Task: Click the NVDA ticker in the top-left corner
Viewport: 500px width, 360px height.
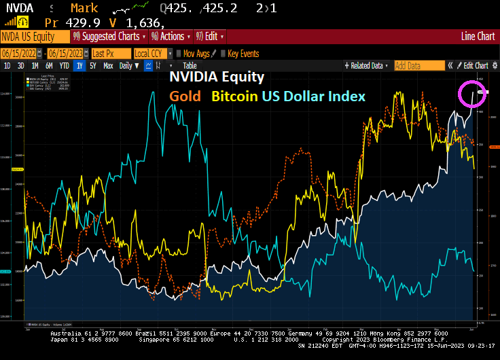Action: click(x=15, y=9)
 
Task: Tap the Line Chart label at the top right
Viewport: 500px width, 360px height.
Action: click(x=478, y=37)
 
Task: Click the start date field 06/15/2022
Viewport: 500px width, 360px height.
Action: click(x=18, y=53)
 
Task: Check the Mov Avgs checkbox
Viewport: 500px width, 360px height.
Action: click(x=179, y=53)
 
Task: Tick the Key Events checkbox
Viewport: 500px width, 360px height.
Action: click(x=224, y=53)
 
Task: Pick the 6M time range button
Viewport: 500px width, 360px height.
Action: click(x=49, y=66)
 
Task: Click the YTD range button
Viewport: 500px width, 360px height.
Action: click(x=64, y=66)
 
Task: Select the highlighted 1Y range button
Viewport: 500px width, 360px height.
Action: click(x=79, y=66)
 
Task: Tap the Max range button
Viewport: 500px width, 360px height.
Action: click(x=108, y=66)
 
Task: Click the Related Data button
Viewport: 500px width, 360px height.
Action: click(x=369, y=66)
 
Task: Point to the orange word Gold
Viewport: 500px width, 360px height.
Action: click(x=185, y=96)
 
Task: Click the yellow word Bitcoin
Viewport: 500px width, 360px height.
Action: click(x=234, y=96)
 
